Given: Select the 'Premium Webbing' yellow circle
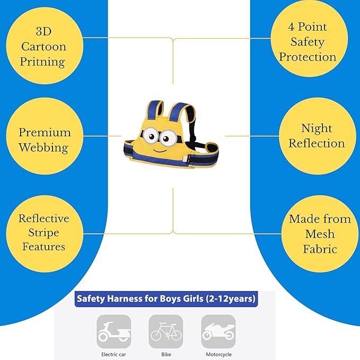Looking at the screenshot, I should (45, 139).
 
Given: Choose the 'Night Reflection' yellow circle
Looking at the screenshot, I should (316, 136).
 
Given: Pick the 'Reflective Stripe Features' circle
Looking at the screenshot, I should (44, 232).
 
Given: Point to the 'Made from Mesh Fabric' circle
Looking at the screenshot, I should (320, 233).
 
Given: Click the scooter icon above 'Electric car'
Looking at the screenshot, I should (114, 331).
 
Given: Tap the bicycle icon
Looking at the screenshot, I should (166, 331).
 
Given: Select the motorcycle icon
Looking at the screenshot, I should (218, 331).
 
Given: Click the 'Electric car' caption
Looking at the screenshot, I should (114, 354).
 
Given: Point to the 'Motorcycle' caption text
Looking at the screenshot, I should (218, 354).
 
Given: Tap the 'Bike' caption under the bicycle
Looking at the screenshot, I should (166, 354).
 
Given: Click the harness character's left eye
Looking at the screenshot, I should (150, 136).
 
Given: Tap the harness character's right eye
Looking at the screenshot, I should (168, 138).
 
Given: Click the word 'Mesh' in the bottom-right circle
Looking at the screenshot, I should (320, 234).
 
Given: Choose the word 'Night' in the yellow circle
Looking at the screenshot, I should (317, 128).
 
